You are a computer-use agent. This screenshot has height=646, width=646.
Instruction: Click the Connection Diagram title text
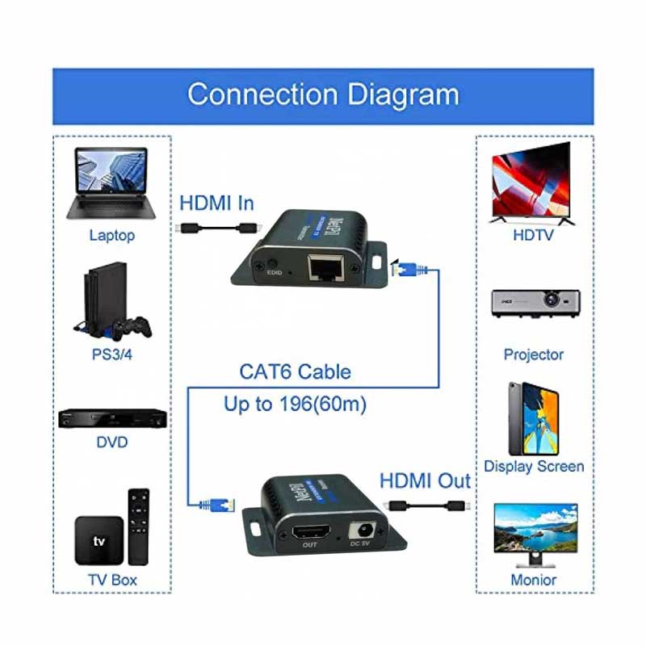click(323, 94)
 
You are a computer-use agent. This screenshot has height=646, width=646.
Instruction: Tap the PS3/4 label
click(112, 354)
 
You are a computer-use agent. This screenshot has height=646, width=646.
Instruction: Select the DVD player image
click(112, 418)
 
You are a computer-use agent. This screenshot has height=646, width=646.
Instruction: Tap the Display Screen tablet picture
click(533, 418)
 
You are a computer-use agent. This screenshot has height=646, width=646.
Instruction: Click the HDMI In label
click(216, 202)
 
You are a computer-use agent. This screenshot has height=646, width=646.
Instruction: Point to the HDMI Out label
click(425, 481)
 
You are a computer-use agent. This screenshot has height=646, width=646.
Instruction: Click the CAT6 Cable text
click(295, 372)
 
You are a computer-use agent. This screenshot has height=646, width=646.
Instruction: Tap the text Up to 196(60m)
click(295, 403)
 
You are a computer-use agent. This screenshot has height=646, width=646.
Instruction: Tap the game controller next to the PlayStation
click(132, 327)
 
